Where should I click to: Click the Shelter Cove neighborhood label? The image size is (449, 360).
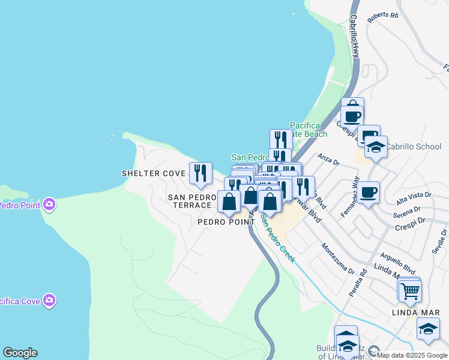[154, 173]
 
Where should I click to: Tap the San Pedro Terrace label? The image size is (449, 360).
[192, 201]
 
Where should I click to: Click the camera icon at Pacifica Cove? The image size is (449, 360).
[49, 299]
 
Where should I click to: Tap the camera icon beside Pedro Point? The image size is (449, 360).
[49, 205]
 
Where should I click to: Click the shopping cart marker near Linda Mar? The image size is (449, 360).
[410, 291]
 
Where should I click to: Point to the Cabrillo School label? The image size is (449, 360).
[413, 146]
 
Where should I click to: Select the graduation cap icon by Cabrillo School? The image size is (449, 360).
[376, 146]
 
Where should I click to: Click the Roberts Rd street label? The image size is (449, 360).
[383, 16]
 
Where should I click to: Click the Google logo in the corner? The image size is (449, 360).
[20, 353]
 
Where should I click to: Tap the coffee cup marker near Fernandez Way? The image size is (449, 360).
[369, 192]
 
